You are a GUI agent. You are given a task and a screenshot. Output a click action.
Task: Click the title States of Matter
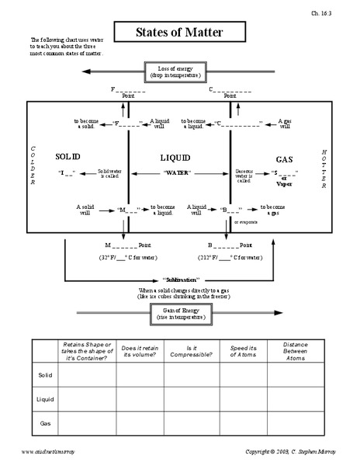[x=181, y=33]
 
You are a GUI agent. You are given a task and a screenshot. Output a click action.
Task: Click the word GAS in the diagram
[x=284, y=159]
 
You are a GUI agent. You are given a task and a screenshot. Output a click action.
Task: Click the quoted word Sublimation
[x=182, y=279]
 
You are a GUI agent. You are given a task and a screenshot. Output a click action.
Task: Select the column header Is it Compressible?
[x=191, y=348]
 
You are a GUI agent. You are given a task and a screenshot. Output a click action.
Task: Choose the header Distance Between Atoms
[x=295, y=348]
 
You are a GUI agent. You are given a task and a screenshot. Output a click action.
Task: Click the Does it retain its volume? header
[x=140, y=348]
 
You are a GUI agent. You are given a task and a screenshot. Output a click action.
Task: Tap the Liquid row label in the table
[x=46, y=399]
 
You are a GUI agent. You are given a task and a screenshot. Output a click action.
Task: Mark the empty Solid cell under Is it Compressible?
[x=191, y=376]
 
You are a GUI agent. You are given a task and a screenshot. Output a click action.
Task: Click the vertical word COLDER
[x=33, y=165]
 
